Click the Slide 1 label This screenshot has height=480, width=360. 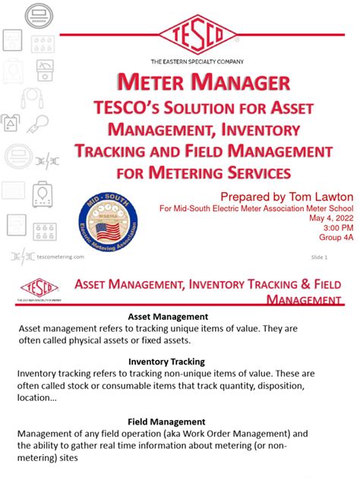[x=319, y=257]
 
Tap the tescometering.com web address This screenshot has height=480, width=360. [x=61, y=257]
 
